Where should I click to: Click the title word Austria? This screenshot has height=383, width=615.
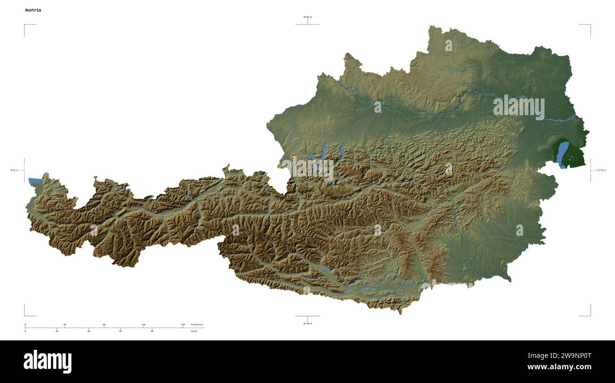point(33,10)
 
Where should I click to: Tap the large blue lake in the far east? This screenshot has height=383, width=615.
point(562,154)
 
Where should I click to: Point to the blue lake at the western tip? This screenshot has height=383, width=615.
point(35,180)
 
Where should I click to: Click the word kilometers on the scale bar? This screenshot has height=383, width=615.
point(197,325)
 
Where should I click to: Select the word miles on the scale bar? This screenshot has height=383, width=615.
point(194,331)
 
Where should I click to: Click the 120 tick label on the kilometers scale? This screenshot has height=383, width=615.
point(143,325)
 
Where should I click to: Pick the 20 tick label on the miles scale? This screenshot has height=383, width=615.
point(57,331)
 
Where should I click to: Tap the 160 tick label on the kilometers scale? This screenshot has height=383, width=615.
point(183,325)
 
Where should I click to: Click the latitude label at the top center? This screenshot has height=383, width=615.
point(307,17)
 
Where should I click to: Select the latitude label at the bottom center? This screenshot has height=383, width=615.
point(307,323)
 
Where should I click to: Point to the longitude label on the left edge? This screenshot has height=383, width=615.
point(14,170)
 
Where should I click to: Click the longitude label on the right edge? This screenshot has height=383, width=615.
point(601,170)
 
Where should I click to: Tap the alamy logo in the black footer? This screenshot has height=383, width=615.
point(47,361)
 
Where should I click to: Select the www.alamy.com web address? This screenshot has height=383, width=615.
point(559,367)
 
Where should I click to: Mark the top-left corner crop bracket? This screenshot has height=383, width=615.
point(25,25)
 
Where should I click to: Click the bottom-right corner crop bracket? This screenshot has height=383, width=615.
point(589,315)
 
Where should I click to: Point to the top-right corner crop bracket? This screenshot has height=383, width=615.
point(589,25)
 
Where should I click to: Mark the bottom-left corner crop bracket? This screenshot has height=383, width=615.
point(25,315)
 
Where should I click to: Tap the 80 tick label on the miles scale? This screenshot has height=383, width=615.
point(152,331)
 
